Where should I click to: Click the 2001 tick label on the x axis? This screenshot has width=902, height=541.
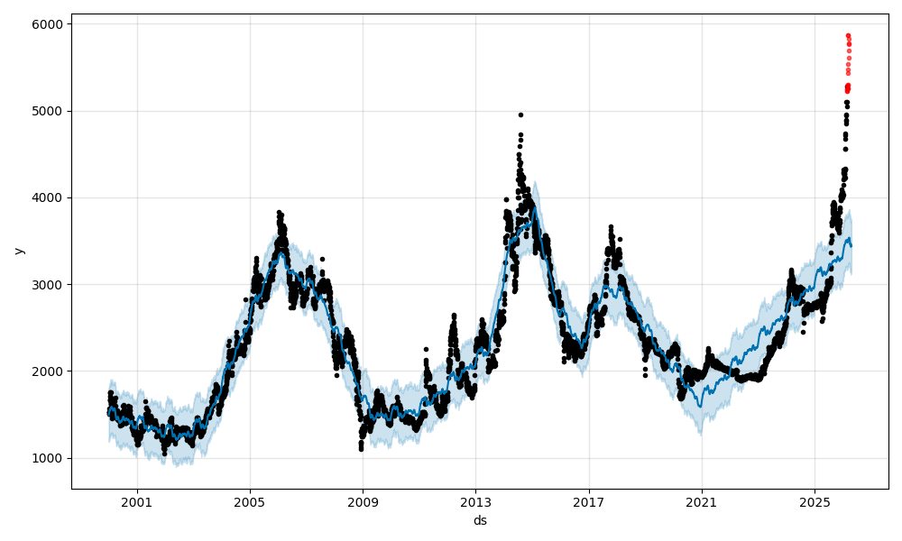(x=137, y=502)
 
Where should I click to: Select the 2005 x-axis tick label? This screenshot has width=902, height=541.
(x=250, y=502)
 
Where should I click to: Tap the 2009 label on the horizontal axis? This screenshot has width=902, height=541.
(x=363, y=502)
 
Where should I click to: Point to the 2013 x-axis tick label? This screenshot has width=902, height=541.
(x=476, y=502)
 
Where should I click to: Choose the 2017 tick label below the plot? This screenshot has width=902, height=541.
(x=589, y=502)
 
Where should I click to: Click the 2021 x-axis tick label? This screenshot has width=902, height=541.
(x=702, y=502)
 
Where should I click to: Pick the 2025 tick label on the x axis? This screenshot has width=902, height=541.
(x=815, y=502)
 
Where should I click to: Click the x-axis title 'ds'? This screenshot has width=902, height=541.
(x=480, y=520)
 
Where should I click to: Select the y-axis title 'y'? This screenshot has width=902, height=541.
(x=18, y=250)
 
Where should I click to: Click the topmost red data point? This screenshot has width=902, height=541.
(x=848, y=35)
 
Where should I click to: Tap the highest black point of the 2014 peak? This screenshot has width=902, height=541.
(x=520, y=115)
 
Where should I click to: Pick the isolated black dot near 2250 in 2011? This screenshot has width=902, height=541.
(x=426, y=349)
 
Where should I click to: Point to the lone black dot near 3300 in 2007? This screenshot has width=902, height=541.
(x=322, y=259)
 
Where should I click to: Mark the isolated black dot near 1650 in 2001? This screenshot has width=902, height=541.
(x=145, y=401)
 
